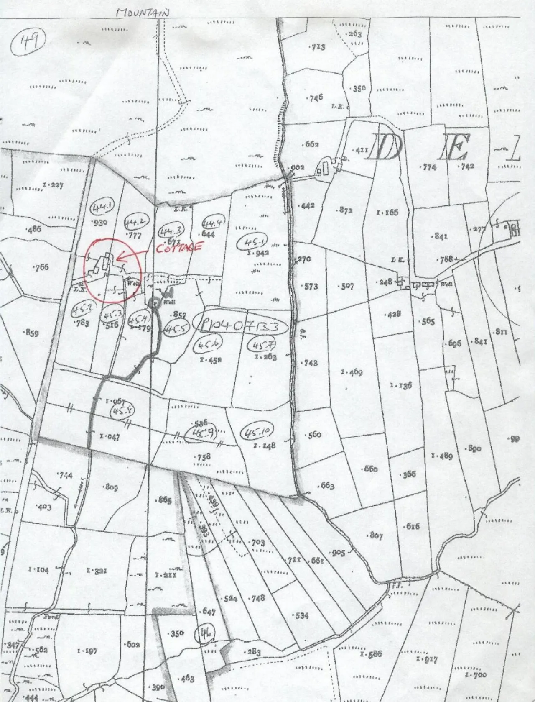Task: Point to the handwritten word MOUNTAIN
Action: pos(143,13)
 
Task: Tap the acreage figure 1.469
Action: pos(352,372)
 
